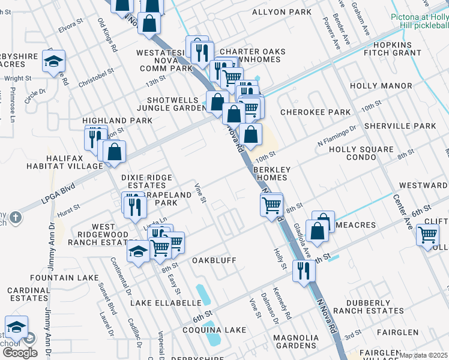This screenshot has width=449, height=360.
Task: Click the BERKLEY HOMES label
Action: pos(272,173)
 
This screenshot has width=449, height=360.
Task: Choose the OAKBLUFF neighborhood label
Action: pos(214,260)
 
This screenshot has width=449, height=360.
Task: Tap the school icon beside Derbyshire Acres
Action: pos(53,61)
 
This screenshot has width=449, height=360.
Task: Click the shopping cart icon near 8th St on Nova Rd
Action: pos(271,205)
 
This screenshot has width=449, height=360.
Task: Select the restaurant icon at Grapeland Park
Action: pos(134,205)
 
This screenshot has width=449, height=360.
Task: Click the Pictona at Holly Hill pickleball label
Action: pos(420,22)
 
